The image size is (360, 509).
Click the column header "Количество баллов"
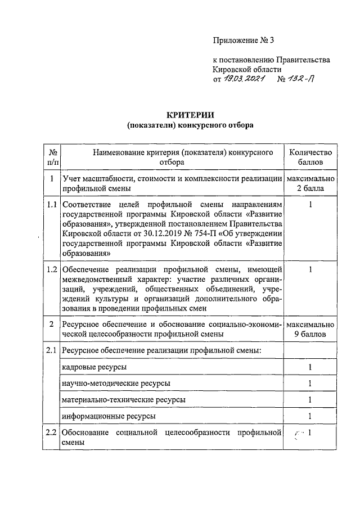(x=310, y=157)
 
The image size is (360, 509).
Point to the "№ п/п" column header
(x=52, y=157)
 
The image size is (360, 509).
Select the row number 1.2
(x=52, y=269)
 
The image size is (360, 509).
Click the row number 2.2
(x=52, y=433)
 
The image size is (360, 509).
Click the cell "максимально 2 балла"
(x=310, y=183)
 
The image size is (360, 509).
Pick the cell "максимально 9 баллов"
(x=310, y=330)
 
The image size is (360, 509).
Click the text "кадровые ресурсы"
(x=94, y=367)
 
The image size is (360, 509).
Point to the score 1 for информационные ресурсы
(x=310, y=416)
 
